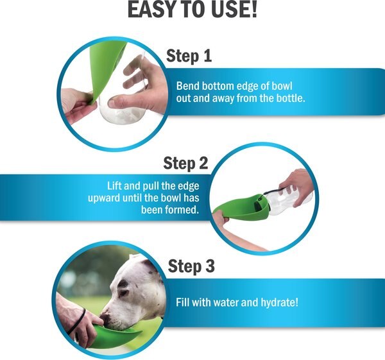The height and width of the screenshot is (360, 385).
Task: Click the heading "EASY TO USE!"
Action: [193, 10]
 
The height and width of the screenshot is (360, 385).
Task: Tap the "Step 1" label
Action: [189, 56]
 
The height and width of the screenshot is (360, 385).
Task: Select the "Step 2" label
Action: [185, 163]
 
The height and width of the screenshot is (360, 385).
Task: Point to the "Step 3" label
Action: [191, 266]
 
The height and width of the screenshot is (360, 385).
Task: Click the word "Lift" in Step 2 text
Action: [114, 186]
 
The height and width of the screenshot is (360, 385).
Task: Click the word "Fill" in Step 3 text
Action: [183, 302]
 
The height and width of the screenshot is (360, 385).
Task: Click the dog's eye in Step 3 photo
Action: [123, 293]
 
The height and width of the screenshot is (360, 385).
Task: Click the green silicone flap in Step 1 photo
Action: [106, 66]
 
